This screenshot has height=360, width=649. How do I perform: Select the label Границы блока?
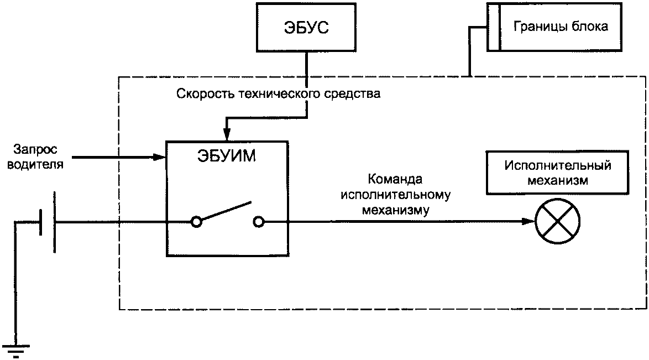coord(561,27)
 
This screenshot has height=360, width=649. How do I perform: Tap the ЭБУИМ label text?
coord(227,156)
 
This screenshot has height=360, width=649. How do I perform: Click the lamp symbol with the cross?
coord(558,221)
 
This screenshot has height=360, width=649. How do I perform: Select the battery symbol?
coord(48,222)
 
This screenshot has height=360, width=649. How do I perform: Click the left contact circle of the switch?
coord(196,222)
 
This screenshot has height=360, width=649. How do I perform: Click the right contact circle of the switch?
coord(258,222)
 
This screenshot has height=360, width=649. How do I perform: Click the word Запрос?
coord(35,149)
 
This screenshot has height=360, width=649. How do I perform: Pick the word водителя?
coord(35,164)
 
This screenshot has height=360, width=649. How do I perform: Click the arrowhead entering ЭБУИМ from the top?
coord(227,135)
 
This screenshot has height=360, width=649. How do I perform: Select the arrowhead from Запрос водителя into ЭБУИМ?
coord(160,157)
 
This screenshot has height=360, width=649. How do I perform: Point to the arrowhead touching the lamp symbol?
coord(528,221)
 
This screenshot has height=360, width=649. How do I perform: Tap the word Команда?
coord(395,179)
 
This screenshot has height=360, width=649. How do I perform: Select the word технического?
coord(279,94)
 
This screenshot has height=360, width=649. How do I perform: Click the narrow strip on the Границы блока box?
coord(493,27)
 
